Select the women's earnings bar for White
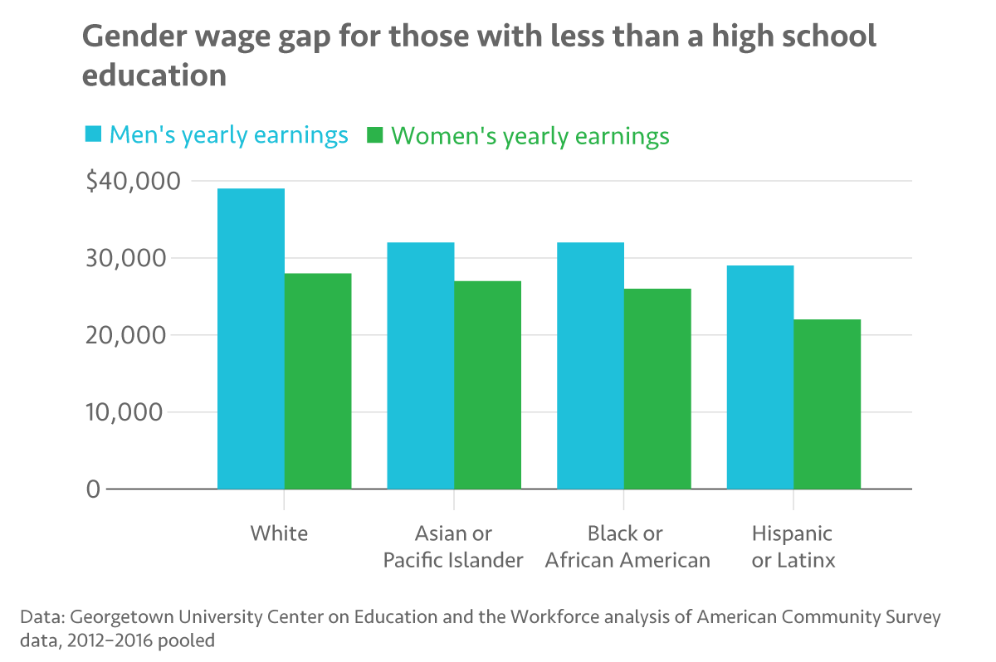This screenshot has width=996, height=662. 318,381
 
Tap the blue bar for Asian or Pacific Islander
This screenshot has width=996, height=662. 421,365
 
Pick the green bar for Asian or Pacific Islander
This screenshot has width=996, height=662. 488,385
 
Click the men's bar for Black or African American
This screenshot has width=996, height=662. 590,365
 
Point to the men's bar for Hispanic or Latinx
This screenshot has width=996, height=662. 760,377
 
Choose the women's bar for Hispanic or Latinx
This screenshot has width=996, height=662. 828,404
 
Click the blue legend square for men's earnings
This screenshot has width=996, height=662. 93,134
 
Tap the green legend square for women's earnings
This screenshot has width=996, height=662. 375,134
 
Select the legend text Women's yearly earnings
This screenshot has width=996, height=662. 530,135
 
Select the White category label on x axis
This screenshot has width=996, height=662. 279,533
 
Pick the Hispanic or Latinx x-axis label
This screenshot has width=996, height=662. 793,546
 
